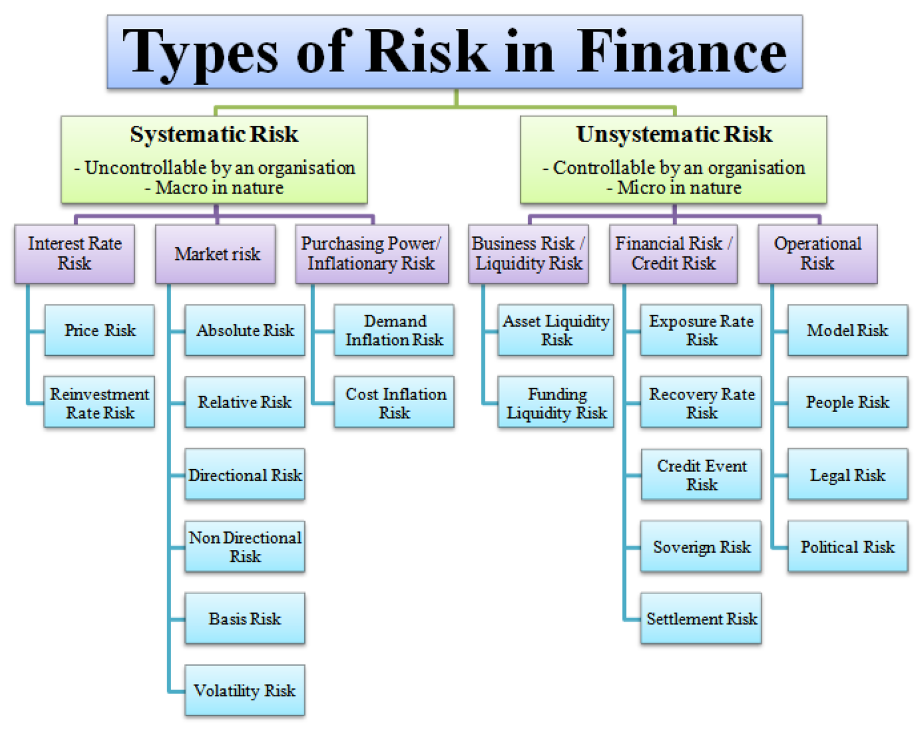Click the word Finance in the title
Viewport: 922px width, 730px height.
(x=681, y=53)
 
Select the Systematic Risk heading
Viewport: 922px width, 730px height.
(x=214, y=135)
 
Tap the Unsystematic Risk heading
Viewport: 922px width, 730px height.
(x=674, y=135)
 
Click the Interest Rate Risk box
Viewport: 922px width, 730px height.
(x=74, y=253)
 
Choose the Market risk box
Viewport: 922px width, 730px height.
(x=216, y=254)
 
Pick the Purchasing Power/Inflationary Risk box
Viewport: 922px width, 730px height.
(x=372, y=253)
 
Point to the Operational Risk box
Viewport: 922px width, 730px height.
(x=817, y=253)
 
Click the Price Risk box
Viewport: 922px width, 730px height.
(x=100, y=330)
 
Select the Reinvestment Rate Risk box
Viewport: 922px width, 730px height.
(x=99, y=402)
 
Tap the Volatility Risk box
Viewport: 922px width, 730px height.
(x=244, y=690)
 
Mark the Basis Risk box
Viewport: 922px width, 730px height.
(x=244, y=618)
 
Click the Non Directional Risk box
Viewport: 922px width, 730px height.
(x=244, y=546)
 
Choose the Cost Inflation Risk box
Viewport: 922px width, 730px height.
(x=394, y=402)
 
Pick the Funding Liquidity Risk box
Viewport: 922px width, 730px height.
(x=556, y=402)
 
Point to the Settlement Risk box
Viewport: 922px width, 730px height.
(x=701, y=618)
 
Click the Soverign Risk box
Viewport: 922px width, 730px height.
(x=701, y=546)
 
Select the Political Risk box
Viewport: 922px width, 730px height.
(x=847, y=546)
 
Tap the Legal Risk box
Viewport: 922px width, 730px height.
(x=847, y=475)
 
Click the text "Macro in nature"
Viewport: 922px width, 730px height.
(x=220, y=188)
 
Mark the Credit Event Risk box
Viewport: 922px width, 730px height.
(x=701, y=475)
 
